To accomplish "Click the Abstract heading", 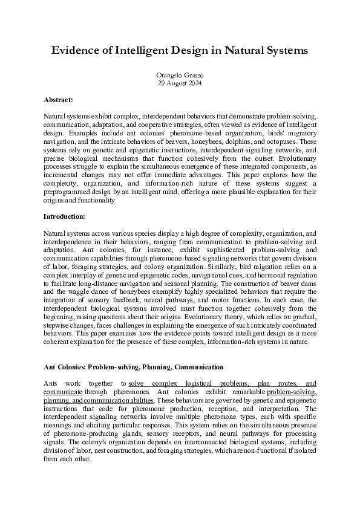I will [58, 99].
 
